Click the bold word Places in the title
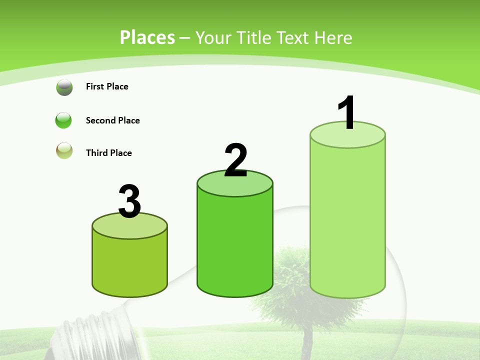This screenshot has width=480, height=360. coord(147,37)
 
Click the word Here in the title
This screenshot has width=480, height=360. coord(333,37)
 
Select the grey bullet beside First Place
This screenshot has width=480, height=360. coord(64,87)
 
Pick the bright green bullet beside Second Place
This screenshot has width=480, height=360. coord(64,120)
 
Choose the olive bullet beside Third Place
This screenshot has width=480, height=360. coord(64,150)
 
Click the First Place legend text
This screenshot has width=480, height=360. coord(107,86)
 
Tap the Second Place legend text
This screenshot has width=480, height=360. coord(112,120)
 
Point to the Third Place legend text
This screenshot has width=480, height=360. coord(108,153)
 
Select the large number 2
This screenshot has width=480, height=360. coord(235,160)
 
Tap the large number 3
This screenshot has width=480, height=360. coord(129,201)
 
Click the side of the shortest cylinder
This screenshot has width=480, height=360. coord(129,265)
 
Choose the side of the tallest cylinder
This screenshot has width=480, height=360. coord(347,220)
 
